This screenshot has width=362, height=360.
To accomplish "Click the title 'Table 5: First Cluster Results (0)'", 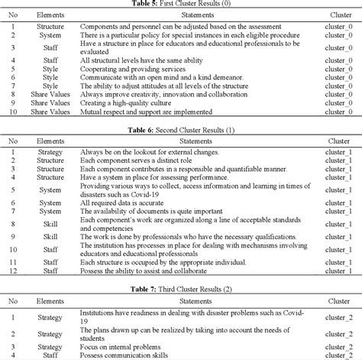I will point(181,4).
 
